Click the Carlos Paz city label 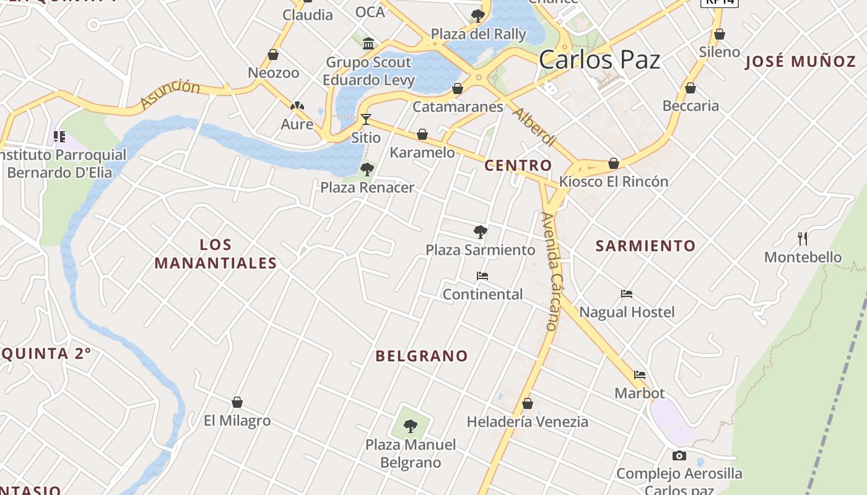click(599, 60)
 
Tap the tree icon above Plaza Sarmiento click(480, 232)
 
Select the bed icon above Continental click(482, 276)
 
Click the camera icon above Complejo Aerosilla click(679, 456)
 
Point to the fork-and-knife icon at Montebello click(803, 238)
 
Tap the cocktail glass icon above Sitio click(366, 119)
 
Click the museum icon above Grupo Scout click(369, 43)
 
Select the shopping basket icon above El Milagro click(237, 402)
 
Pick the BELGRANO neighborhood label click(421, 356)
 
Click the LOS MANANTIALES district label click(216, 254)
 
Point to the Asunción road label click(170, 95)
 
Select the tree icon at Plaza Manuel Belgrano click(410, 426)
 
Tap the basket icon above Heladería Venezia click(528, 403)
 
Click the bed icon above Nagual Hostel click(627, 294)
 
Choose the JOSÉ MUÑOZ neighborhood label click(800, 62)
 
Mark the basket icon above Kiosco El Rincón click(614, 163)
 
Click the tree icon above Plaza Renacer click(367, 169)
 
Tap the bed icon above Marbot click(640, 375)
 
